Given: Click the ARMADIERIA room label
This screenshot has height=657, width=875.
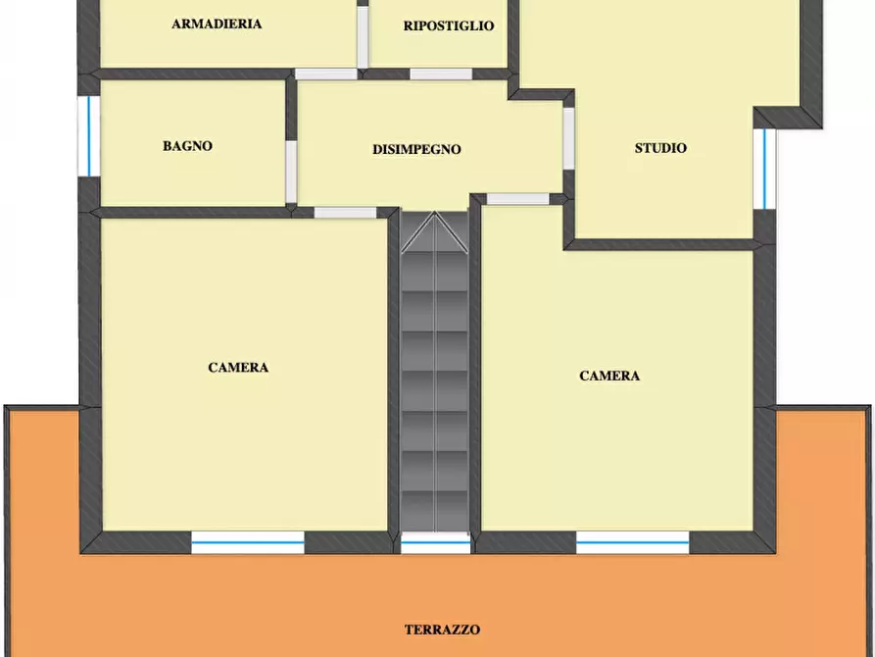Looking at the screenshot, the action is (217, 24).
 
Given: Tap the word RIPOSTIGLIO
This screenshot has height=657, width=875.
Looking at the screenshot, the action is (449, 25).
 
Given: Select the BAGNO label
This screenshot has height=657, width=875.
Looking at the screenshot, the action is (187, 146).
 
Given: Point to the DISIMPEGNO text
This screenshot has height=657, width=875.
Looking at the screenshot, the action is (416, 149).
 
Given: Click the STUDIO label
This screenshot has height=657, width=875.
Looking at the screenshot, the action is (660, 148).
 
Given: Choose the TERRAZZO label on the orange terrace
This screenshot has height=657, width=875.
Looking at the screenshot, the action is (443, 630).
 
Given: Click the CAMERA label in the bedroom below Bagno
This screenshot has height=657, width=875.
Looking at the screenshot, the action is (238, 367).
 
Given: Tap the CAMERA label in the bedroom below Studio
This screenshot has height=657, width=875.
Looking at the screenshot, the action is (609, 376).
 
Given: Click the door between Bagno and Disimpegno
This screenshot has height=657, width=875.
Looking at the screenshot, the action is (291, 172).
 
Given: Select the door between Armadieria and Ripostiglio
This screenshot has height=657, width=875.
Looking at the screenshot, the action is (363, 37).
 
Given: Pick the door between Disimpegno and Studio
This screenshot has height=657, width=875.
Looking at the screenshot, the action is (568, 138).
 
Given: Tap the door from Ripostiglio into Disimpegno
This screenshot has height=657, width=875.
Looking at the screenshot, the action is (441, 75).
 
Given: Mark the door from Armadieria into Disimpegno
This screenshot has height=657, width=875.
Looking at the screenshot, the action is (326, 75).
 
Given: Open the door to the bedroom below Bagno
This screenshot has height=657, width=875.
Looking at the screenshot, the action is (346, 213).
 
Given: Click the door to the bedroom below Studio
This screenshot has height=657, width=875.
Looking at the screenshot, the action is (518, 199).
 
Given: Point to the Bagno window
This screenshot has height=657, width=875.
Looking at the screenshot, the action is (89, 136).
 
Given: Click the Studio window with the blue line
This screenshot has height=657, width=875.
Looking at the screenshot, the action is (764, 169).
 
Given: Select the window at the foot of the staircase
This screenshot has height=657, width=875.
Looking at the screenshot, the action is (436, 542).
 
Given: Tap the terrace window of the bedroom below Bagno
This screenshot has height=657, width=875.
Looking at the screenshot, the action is (248, 542).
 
